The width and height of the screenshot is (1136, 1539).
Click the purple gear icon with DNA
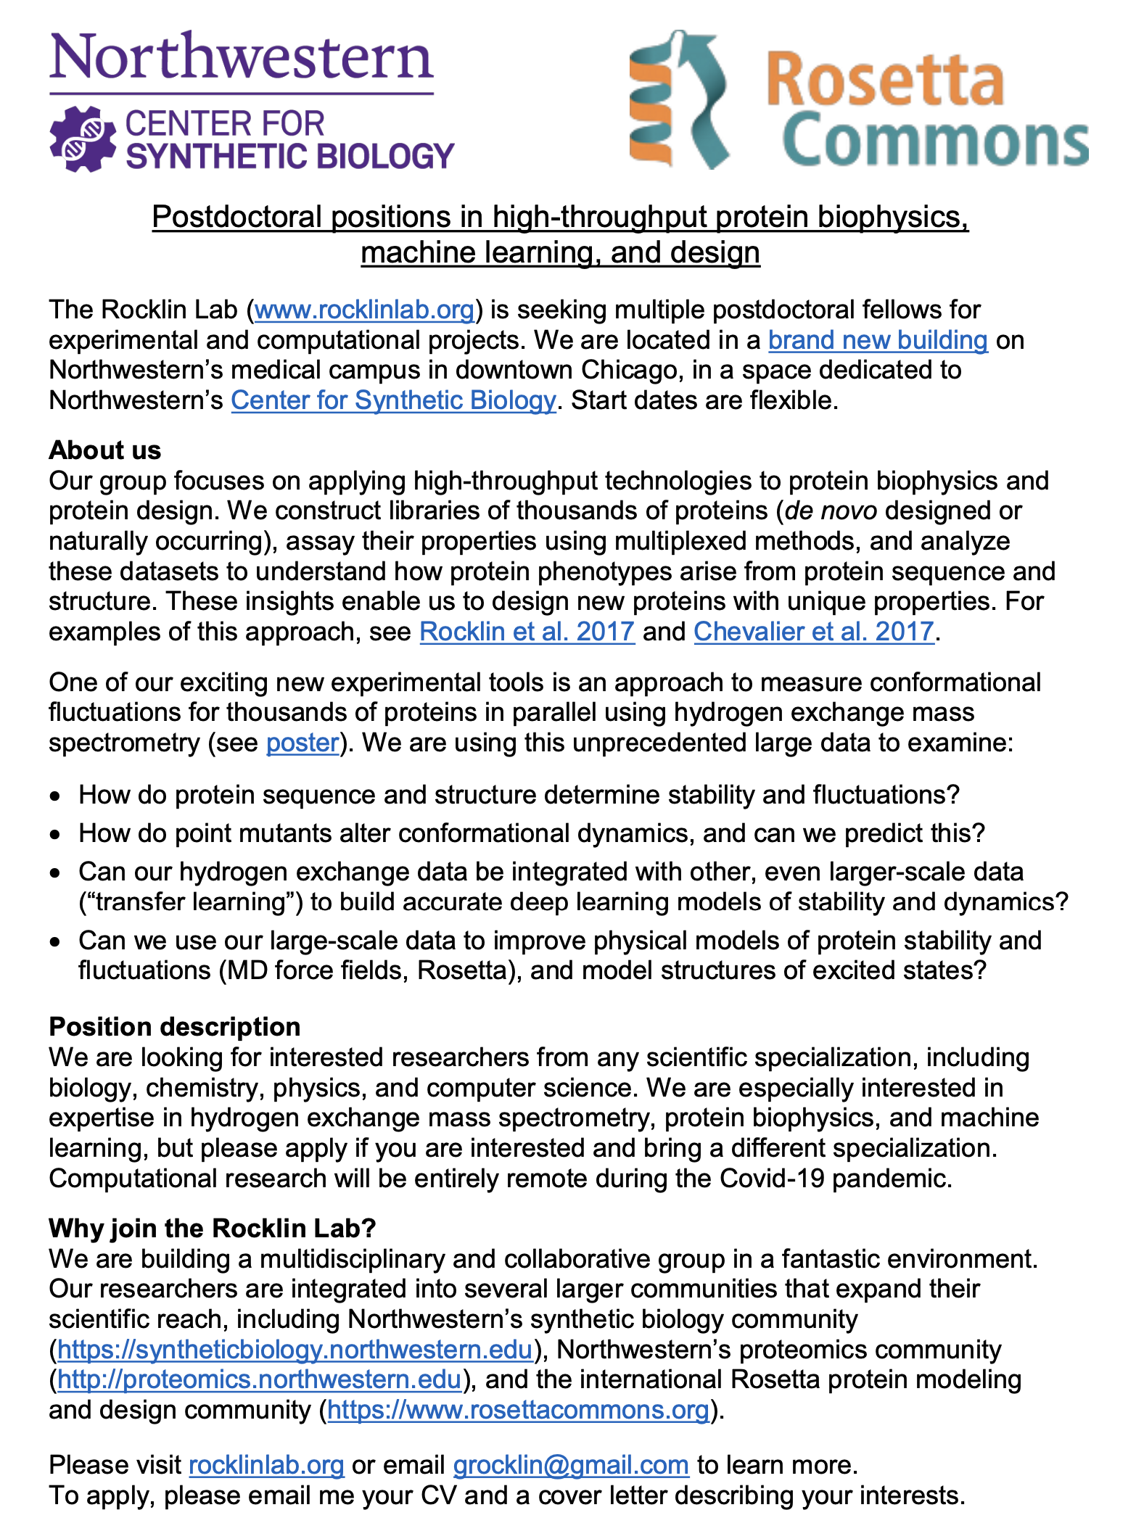click(83, 139)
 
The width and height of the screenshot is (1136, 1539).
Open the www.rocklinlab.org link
click(364, 310)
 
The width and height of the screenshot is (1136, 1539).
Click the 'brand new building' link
click(878, 341)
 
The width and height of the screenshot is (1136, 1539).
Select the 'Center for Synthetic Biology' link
click(393, 401)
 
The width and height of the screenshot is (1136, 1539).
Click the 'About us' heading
click(104, 450)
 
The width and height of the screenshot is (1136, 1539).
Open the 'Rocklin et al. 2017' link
click(527, 632)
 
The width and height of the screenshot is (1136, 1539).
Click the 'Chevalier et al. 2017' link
click(813, 632)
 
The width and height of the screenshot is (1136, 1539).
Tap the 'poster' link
click(302, 743)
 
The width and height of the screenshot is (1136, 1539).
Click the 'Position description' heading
click(174, 1027)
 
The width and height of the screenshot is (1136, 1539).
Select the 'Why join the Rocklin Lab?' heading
click(212, 1229)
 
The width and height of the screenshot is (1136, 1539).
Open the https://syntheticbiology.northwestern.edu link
click(295, 1350)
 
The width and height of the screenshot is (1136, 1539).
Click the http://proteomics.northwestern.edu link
click(259, 1379)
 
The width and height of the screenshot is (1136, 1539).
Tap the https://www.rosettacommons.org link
click(518, 1410)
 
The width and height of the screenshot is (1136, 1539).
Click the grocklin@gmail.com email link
click(570, 1466)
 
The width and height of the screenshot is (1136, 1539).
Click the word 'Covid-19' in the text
click(771, 1179)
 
